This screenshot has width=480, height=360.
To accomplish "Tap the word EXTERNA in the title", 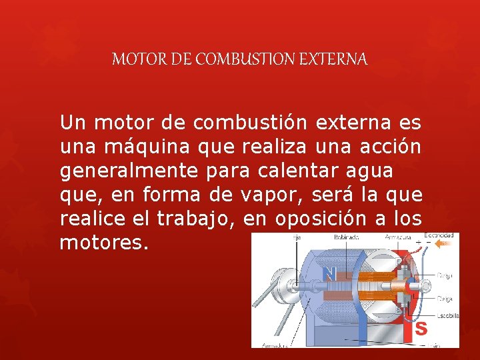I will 337,59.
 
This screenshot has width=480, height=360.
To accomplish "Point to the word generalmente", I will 129,171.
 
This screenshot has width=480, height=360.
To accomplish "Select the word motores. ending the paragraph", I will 104,242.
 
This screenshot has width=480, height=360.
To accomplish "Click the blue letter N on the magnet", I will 329,273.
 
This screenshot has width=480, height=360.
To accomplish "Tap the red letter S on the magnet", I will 421,328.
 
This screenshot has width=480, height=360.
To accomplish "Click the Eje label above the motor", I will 295,237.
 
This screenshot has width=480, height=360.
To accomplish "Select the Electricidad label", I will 439,235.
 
